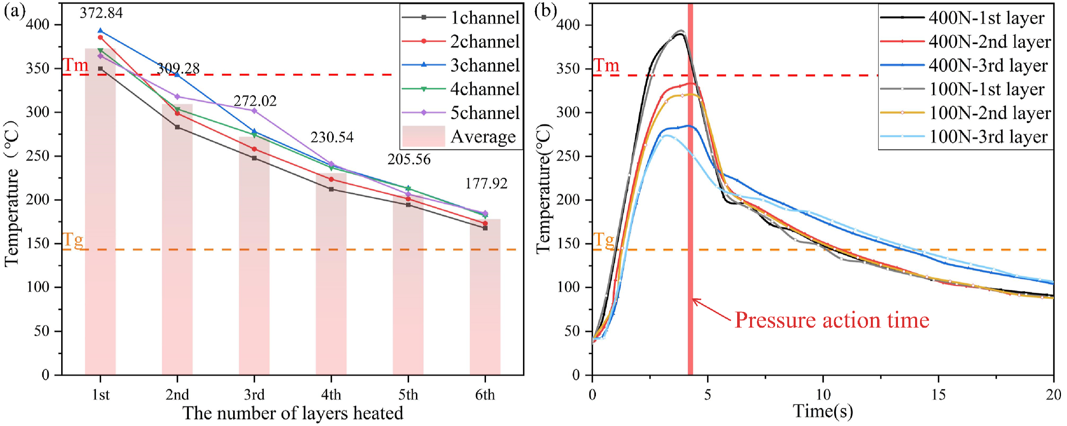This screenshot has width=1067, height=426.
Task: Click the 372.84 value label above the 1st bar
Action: pyautogui.click(x=101, y=13)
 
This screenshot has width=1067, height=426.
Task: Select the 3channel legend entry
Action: pyautogui.click(x=461, y=65)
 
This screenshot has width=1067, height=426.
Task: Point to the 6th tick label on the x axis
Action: pyautogui.click(x=485, y=395)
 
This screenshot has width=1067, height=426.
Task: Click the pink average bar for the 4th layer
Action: pyautogui.click(x=331, y=274)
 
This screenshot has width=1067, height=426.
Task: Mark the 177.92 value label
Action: pyautogui.click(x=486, y=183)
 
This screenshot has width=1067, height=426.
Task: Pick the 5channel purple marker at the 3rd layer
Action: pyautogui.click(x=254, y=111)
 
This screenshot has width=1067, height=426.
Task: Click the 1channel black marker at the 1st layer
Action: pyautogui.click(x=100, y=69)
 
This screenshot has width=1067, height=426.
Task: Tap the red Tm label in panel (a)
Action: pyautogui.click(x=75, y=65)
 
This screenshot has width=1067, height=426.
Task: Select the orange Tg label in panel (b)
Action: pyautogui.click(x=604, y=240)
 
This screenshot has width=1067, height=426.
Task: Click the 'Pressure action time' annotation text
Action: pyautogui.click(x=832, y=321)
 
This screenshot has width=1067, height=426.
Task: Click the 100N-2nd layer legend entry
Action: pyautogui.click(x=965, y=113)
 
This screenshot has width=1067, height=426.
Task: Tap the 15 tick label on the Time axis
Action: pyautogui.click(x=938, y=395)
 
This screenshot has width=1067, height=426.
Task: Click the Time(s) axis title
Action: pyautogui.click(x=823, y=411)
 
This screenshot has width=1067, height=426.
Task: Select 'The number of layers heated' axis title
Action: pyautogui.click(x=293, y=413)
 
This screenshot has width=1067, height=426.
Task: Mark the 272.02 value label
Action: pyautogui.click(x=255, y=101)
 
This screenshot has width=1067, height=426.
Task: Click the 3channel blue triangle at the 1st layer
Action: pyautogui.click(x=100, y=31)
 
